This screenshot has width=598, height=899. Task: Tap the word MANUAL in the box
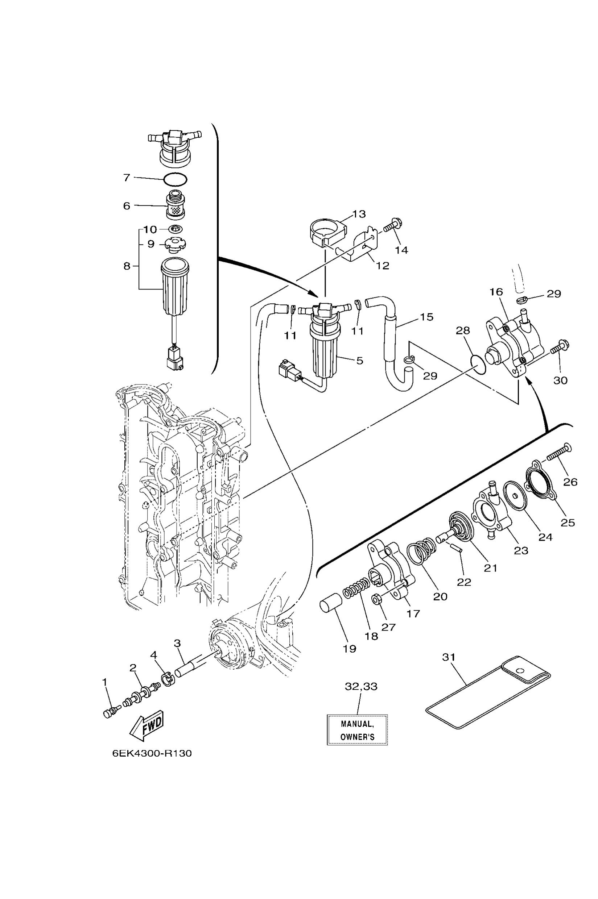click(357, 724)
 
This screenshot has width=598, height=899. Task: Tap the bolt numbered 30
click(559, 347)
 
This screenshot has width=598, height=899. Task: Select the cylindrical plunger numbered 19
click(329, 605)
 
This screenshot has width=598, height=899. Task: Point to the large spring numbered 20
click(421, 551)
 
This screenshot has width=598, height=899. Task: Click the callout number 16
click(496, 292)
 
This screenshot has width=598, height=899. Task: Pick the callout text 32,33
click(361, 686)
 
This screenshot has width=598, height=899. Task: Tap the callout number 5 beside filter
click(359, 361)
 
